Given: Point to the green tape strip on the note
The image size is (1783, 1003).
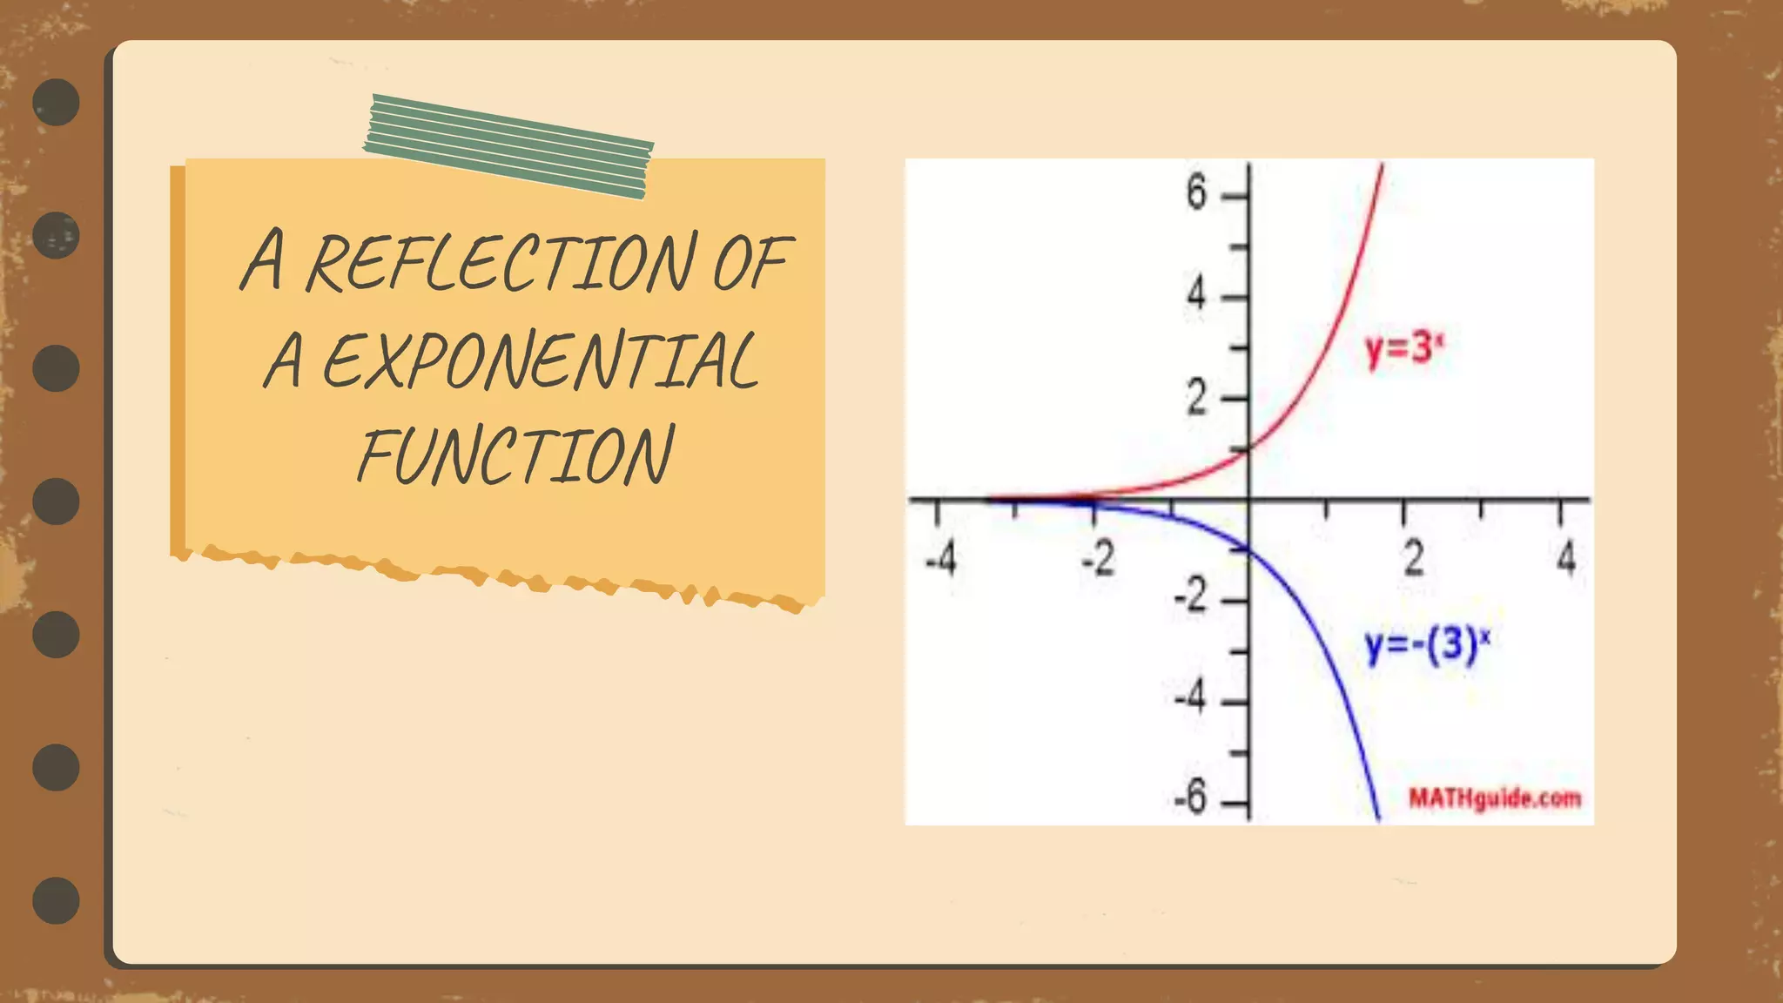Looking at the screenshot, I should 508,146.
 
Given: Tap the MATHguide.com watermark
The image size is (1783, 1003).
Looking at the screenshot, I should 1494,798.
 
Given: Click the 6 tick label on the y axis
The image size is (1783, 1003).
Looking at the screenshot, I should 1197,192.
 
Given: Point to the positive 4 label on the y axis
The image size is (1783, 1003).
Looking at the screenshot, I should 1197,294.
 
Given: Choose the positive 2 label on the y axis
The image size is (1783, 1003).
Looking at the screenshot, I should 1197,399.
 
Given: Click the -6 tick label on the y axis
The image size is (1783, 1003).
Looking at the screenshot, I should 1191,797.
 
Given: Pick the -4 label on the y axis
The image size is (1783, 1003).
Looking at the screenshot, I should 1191,697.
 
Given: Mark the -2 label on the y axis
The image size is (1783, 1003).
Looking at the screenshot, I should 1191,596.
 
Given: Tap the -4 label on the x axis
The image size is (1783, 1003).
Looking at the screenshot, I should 940,558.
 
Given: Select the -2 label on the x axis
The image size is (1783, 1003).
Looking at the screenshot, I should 1098,558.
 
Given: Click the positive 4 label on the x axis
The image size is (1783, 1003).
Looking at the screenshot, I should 1566,558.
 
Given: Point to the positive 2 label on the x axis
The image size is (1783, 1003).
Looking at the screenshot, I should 1414,558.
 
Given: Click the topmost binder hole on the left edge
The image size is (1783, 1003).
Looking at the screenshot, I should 57,102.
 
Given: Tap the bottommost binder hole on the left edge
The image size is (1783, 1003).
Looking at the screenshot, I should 57,900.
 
